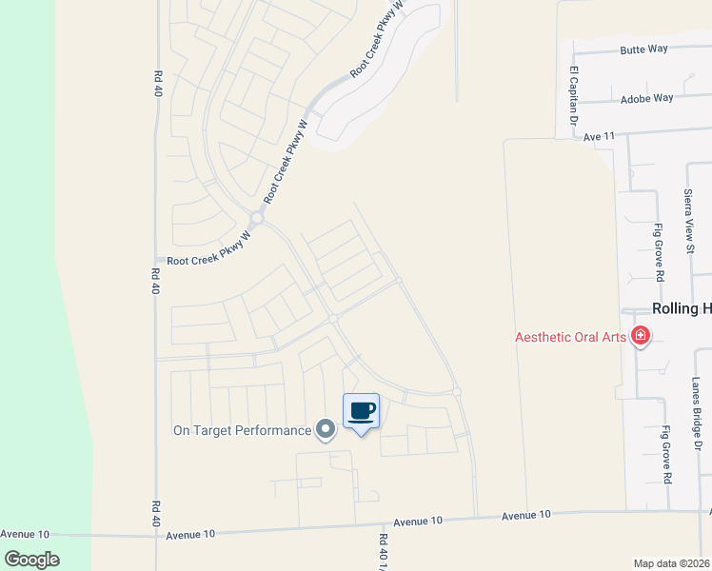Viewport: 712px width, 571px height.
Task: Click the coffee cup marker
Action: (x=361, y=411)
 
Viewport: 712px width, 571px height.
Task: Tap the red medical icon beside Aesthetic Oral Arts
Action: (x=641, y=336)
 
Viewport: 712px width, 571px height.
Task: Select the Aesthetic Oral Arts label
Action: (x=571, y=337)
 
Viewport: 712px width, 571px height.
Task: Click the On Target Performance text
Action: (x=242, y=430)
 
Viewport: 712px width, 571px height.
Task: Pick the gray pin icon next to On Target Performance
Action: (x=326, y=430)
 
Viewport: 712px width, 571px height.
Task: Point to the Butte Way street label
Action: (x=643, y=49)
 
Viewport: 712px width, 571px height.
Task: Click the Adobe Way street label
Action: (x=646, y=98)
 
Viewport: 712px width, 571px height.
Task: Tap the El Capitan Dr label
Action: (x=574, y=96)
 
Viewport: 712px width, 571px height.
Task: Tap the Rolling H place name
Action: (x=681, y=309)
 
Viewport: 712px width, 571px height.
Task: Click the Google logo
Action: (x=30, y=560)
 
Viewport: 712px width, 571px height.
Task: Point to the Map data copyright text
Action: (x=671, y=563)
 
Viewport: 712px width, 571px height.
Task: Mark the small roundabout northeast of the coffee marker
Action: (x=457, y=392)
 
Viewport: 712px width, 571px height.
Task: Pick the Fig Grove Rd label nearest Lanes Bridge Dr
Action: (x=666, y=454)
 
